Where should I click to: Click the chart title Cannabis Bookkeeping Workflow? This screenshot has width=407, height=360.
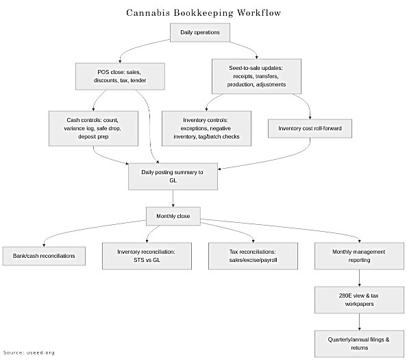pyautogui.click(x=203, y=12)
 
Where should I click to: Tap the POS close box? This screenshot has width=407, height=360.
pyautogui.click(x=120, y=76)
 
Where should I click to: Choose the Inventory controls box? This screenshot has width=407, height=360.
pyautogui.click(x=206, y=128)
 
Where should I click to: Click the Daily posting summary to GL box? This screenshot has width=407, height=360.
pyautogui.click(x=172, y=177)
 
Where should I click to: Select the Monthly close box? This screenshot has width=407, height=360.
pyautogui.click(x=172, y=217)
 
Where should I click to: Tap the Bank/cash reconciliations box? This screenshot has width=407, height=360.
pyautogui.click(x=44, y=256)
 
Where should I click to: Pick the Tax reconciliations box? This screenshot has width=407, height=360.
pyautogui.click(x=254, y=256)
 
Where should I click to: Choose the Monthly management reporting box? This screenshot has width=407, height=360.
pyautogui.click(x=360, y=256)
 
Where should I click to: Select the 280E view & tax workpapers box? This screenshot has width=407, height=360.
pyautogui.click(x=360, y=299)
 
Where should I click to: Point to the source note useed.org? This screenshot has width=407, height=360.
pyautogui.click(x=28, y=352)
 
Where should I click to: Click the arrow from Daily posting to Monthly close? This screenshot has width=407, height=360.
pyautogui.click(x=172, y=199)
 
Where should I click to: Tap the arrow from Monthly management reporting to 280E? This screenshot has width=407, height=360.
pyautogui.click(x=360, y=278)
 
